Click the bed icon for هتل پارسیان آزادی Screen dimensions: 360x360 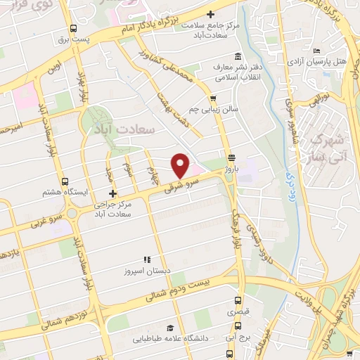[x=317, y=51]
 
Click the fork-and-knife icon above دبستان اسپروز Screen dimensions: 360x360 [x=147, y=259]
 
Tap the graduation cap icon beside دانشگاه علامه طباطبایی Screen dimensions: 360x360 [x=169, y=328]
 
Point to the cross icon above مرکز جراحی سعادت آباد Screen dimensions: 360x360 [x=112, y=193]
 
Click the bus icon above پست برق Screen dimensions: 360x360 [x=74, y=28]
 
